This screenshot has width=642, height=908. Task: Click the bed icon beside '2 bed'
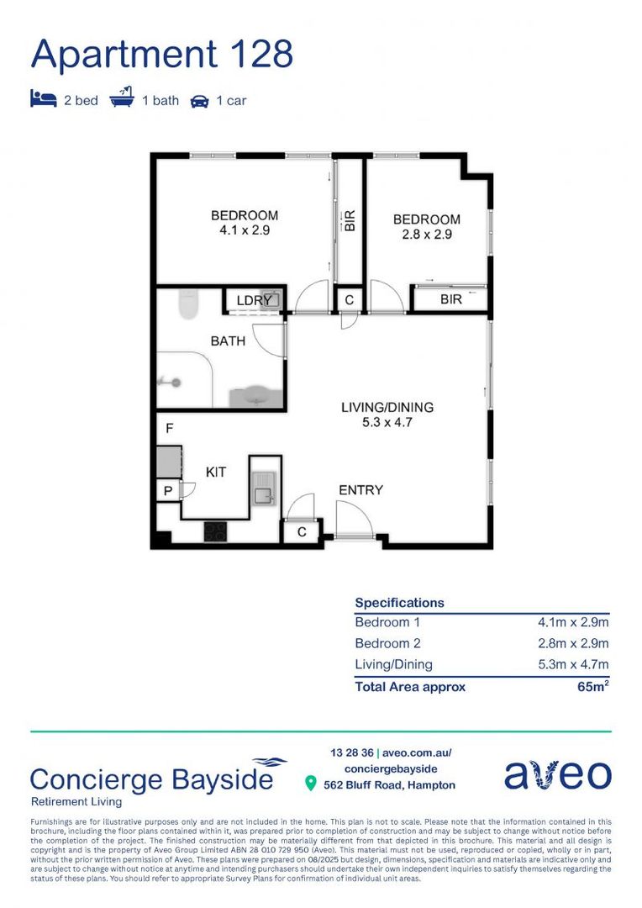point(43,100)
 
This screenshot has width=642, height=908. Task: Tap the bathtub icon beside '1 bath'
point(123,99)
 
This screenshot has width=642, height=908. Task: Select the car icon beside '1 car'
point(199,101)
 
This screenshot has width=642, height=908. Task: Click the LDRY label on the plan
point(253,300)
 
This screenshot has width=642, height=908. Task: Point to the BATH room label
point(228,341)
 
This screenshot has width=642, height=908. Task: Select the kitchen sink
point(263,488)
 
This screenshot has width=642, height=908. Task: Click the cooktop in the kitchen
point(215,531)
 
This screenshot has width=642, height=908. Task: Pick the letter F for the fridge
point(169,429)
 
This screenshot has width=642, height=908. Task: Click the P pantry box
point(168,490)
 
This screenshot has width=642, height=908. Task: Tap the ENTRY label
point(360,490)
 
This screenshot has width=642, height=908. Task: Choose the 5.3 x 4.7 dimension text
point(387,422)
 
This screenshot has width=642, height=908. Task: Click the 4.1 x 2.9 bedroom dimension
point(245,230)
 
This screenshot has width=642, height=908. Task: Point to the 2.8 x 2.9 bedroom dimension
point(427,235)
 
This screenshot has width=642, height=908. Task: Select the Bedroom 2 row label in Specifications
point(387,643)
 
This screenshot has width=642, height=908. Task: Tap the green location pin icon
point(310,784)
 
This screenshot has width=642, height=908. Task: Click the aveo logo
point(557,774)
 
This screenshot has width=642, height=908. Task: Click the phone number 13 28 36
point(351,752)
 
